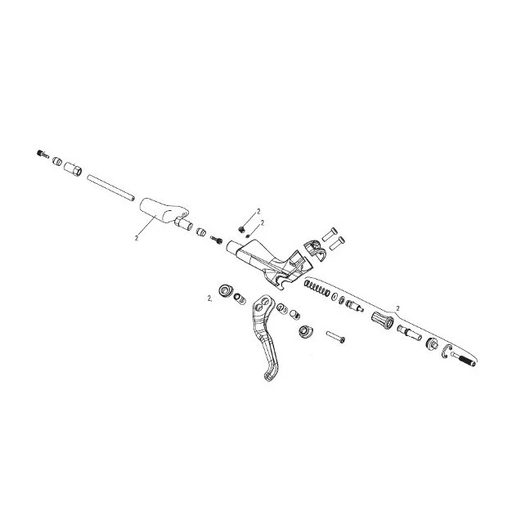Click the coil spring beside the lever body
pos(317,288)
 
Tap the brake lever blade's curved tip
pos(268,376)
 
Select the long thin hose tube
pos(110,187)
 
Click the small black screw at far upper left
pos(43,154)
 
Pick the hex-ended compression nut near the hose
pos(73,169)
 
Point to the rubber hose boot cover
pos(164,211)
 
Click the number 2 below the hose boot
pos(136,238)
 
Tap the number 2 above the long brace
pos(397,308)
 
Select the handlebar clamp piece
pos(314,249)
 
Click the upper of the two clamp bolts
pos(330,234)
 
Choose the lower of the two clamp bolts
pos(337,244)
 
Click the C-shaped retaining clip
pos(446,352)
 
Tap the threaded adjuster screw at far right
pos(463,359)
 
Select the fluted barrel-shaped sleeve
pos(383,320)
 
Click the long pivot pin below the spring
pos(335,337)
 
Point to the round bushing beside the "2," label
pos(226,290)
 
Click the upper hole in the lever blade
pos(264,300)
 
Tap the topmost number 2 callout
pos(258,211)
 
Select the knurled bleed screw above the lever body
pos(241,230)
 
